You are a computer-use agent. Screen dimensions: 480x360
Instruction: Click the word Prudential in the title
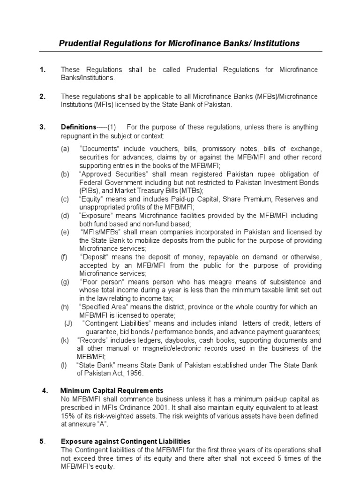coord(79,43)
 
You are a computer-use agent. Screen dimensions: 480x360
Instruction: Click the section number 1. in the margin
coord(43,70)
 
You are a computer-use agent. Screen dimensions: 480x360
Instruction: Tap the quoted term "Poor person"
coord(101,282)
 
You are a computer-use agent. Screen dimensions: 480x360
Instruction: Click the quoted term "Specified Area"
coord(105,307)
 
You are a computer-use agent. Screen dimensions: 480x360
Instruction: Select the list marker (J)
coord(68,323)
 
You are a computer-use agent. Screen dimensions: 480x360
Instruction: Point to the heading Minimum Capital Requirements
coord(112,390)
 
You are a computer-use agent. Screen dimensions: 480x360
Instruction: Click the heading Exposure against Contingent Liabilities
coord(126,441)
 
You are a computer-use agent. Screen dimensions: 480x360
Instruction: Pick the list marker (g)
coord(64,282)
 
